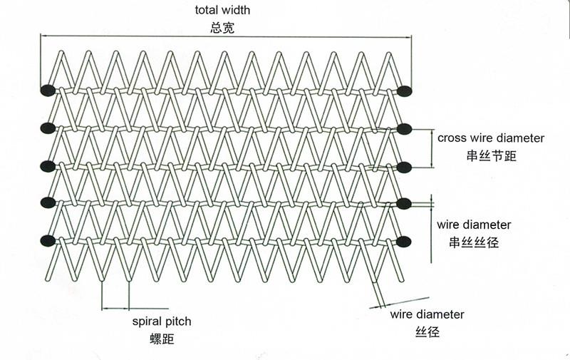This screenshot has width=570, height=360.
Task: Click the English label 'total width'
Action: point(222,11)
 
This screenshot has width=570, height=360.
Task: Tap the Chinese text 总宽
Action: point(222,29)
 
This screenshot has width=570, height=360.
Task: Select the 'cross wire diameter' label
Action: point(491,138)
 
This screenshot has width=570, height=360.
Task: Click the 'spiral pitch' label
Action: point(162,322)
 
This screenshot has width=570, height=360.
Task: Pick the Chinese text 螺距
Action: point(162,339)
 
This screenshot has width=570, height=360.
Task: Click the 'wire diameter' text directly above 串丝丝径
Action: point(474,225)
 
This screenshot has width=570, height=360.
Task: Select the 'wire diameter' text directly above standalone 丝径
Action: point(427,314)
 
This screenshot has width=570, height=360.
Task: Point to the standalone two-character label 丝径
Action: point(427,331)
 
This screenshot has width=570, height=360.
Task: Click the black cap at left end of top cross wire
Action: point(48,91)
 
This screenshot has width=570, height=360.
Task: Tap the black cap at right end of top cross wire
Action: point(405,91)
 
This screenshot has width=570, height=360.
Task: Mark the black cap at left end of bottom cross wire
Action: point(48,240)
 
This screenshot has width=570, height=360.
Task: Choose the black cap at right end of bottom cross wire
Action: point(405,240)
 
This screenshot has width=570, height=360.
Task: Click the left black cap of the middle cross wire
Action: point(48,166)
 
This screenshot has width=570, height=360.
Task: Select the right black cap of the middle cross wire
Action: point(405,167)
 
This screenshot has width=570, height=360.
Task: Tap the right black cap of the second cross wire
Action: point(405,129)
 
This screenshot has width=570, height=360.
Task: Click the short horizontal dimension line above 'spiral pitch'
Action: point(115,309)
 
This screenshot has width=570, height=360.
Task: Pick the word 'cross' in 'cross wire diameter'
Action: point(452,138)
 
